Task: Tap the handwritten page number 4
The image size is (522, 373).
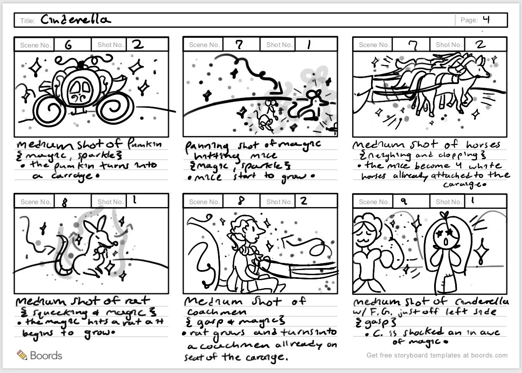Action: pyautogui.click(x=486, y=19)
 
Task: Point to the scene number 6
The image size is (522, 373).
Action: pyautogui.click(x=67, y=45)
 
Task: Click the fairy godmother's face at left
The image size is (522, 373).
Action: pyautogui.click(x=366, y=231)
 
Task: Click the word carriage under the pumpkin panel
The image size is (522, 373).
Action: pyautogui.click(x=54, y=176)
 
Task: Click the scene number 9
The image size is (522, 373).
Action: pyautogui.click(x=403, y=202)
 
